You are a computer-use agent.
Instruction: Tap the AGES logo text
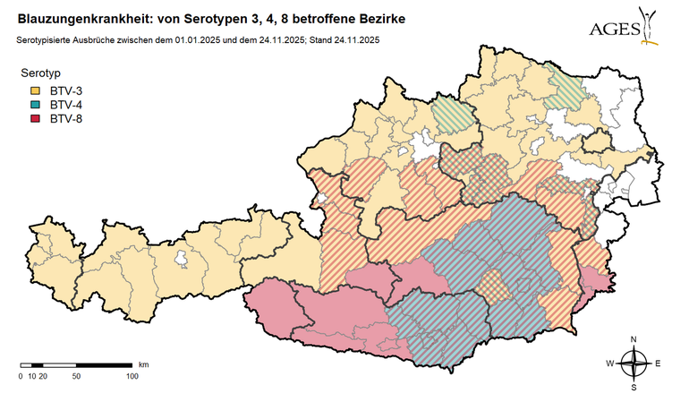click(615, 30)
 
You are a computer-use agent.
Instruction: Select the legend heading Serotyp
click(41, 73)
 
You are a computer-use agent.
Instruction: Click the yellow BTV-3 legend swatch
click(36, 90)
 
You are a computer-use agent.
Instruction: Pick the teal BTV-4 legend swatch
click(36, 104)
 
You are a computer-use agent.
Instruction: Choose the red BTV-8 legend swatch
click(36, 117)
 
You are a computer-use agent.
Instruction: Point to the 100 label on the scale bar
click(132, 376)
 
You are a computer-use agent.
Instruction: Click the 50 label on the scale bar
click(76, 376)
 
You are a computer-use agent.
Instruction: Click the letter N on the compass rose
click(634, 339)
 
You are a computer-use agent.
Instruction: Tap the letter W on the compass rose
click(610, 364)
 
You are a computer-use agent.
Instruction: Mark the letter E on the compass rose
click(657, 364)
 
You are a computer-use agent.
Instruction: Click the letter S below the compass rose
click(634, 388)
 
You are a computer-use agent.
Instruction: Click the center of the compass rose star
click(634, 364)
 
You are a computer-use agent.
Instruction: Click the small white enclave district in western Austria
click(183, 260)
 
